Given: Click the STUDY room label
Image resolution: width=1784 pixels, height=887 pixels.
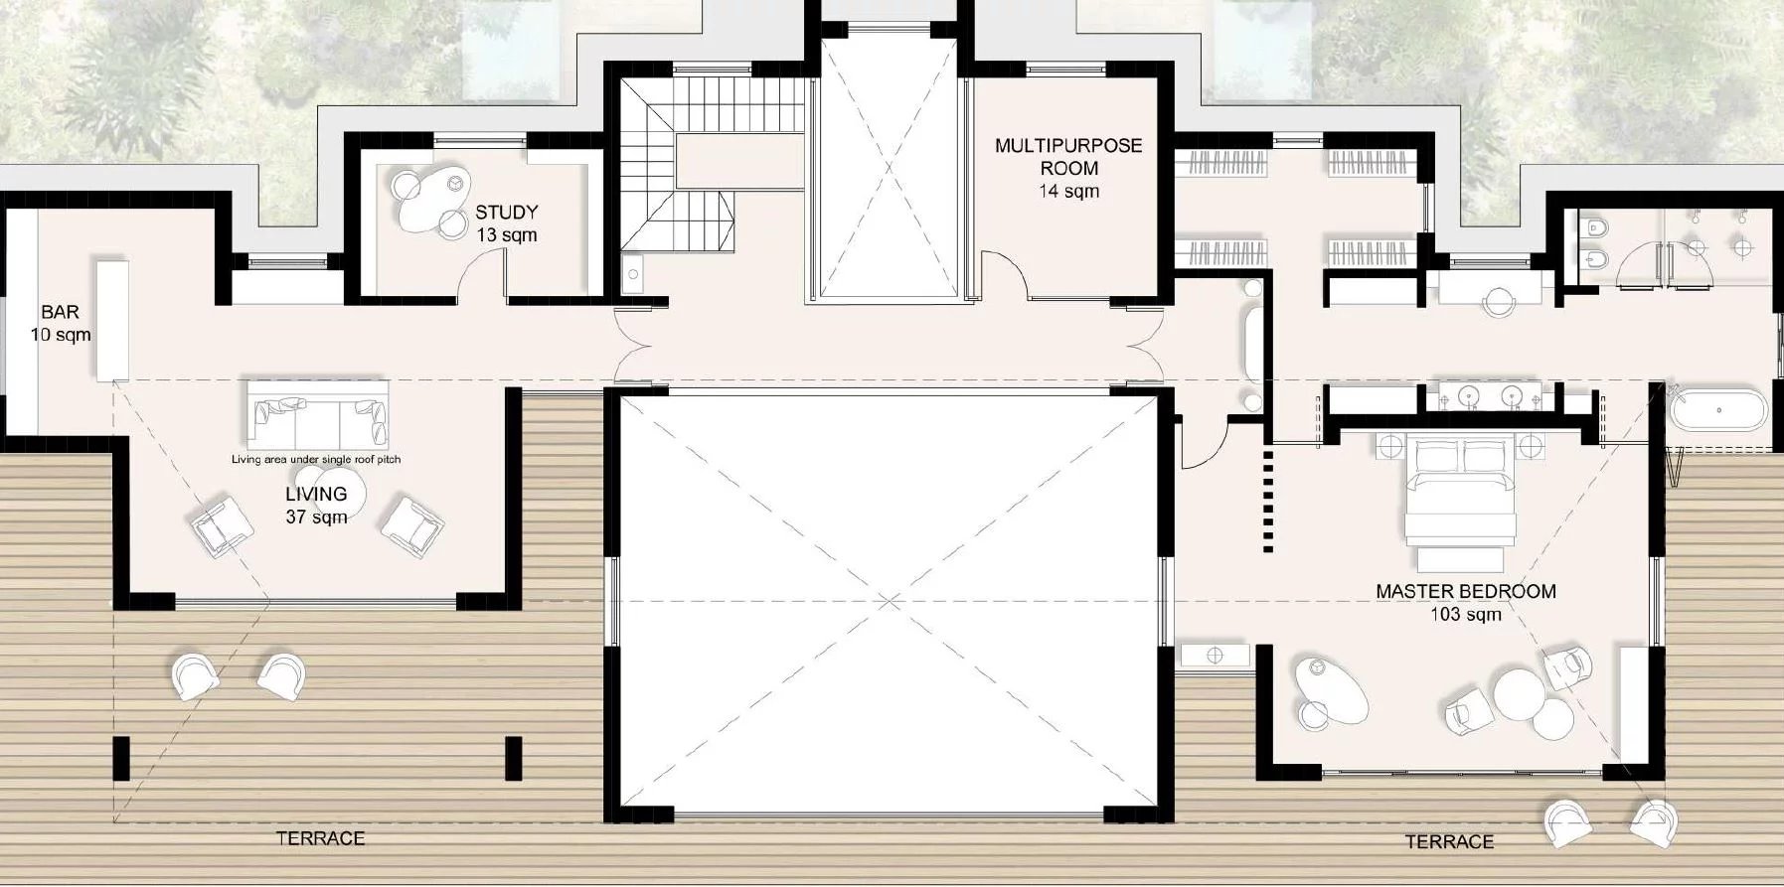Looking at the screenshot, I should [506, 212].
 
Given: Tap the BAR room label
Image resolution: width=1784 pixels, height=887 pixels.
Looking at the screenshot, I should [60, 312].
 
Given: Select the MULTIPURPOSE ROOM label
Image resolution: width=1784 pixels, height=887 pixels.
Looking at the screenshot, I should [1068, 156].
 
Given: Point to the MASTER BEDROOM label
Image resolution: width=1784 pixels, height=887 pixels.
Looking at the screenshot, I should [1465, 591].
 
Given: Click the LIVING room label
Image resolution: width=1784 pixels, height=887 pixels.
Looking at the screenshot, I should [316, 494].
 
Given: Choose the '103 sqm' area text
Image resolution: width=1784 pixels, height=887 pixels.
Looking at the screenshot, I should [1465, 614].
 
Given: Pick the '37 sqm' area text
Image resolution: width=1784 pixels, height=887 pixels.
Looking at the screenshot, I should [316, 517].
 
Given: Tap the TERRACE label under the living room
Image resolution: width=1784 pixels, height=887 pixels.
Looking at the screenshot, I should [320, 838].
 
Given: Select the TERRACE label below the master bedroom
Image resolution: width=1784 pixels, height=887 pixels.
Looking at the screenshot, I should [1448, 841].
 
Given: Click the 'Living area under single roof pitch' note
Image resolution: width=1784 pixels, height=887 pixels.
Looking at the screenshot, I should [316, 459].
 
